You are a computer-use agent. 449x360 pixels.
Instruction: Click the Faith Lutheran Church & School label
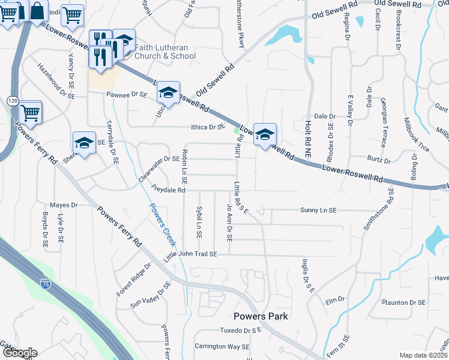pyautogui.click(x=161, y=52)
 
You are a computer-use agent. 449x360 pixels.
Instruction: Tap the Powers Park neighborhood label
pyautogui.click(x=261, y=316)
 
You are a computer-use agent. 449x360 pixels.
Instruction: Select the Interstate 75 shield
pyautogui.click(x=46, y=282)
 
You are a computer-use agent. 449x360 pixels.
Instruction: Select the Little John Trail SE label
pyautogui.click(x=190, y=255)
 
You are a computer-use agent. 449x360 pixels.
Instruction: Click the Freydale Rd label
pyautogui.click(x=168, y=190)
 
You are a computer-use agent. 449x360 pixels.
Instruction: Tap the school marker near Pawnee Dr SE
pyautogui.click(x=169, y=92)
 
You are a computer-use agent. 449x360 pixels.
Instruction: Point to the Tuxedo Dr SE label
pyautogui.click(x=240, y=331)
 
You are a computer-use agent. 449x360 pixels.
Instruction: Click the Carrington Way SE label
pyautogui.click(x=221, y=347)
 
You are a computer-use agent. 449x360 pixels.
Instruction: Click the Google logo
pyautogui.click(x=19, y=353)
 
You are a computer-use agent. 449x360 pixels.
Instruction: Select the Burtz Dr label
pyautogui.click(x=379, y=161)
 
